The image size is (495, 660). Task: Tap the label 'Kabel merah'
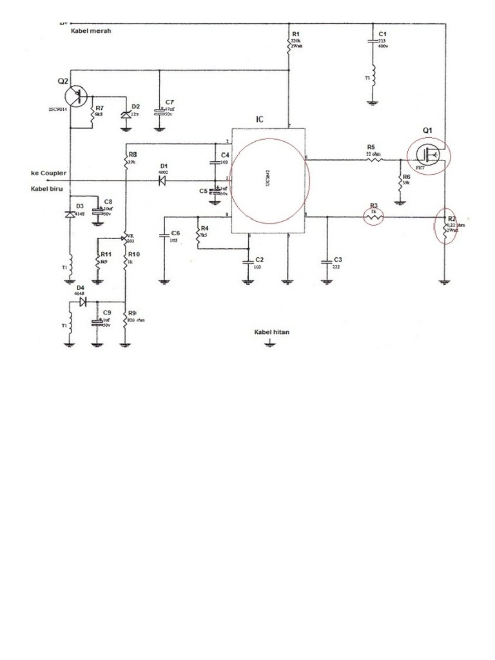pyautogui.click(x=91, y=30)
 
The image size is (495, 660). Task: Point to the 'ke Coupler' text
pyautogui.click(x=49, y=173)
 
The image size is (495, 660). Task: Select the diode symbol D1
pyautogui.click(x=162, y=181)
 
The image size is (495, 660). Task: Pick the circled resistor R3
pyautogui.click(x=374, y=218)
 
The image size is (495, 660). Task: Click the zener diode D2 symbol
pyautogui.click(x=125, y=114)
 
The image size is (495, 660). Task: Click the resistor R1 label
pyautogui.click(x=296, y=33)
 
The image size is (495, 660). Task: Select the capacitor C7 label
pyautogui.click(x=170, y=102)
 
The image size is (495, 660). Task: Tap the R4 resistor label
pyautogui.click(x=204, y=228)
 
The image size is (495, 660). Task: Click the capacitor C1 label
pyautogui.click(x=382, y=33)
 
